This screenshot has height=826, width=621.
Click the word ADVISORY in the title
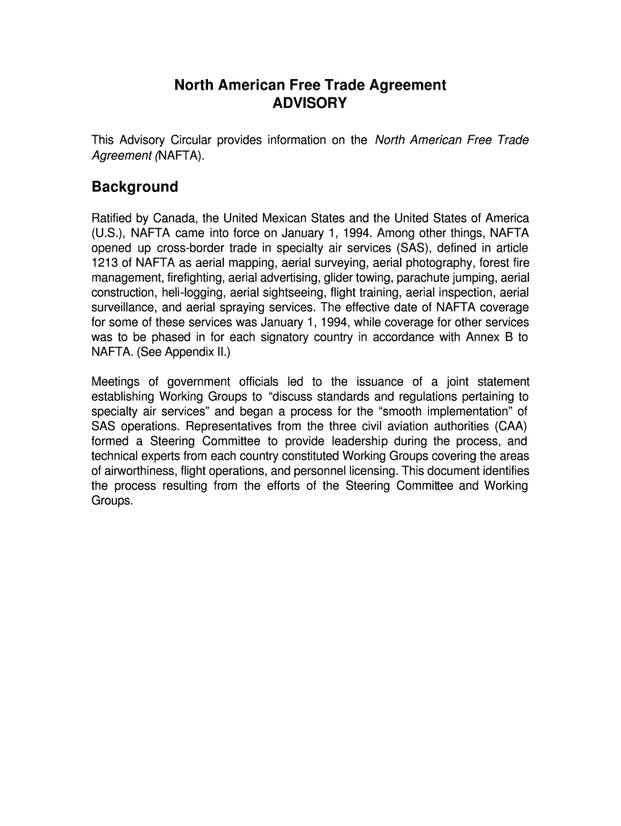pyautogui.click(x=310, y=103)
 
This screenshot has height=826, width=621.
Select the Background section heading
pyautogui.click(x=135, y=187)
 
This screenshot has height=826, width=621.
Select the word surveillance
pyautogui.click(x=125, y=307)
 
